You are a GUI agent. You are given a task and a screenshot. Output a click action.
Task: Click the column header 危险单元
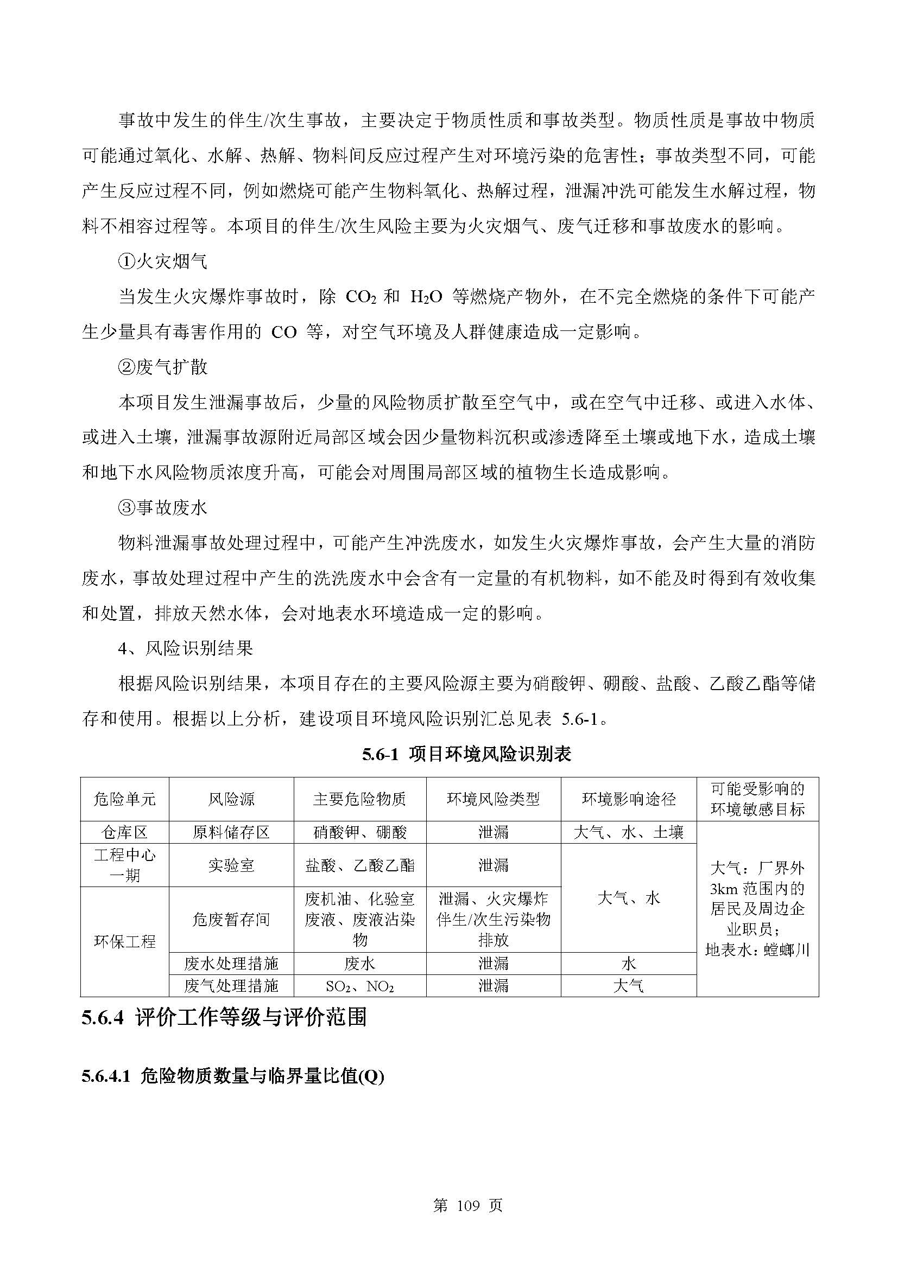124,799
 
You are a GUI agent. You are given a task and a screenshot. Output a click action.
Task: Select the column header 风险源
231,799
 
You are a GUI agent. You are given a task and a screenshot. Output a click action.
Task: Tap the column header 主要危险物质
359,799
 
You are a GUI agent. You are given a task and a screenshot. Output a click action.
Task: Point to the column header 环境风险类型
493,799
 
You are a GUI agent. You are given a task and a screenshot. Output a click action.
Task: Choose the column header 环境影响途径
628,799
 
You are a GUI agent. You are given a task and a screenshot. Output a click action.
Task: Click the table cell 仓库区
124,832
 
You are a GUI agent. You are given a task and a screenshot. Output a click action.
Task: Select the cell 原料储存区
231,832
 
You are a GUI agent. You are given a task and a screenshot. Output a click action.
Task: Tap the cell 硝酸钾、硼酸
359,832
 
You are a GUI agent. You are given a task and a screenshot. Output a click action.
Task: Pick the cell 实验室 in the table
231,865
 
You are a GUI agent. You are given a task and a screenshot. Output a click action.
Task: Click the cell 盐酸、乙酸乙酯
359,865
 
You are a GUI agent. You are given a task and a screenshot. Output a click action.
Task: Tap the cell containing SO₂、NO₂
359,985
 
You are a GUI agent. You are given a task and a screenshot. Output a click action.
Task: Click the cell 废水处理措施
231,964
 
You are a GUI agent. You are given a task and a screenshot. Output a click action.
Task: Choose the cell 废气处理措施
231,985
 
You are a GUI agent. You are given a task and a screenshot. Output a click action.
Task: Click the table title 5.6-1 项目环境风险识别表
466,755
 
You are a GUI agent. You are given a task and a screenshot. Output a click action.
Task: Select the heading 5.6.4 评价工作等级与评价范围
224,1018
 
